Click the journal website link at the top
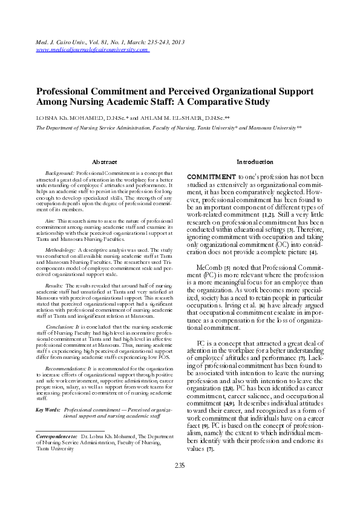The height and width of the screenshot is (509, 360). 93,50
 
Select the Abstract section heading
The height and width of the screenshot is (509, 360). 103,162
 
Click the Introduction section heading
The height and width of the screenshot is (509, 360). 255,162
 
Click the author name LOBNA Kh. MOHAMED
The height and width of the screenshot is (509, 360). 64,117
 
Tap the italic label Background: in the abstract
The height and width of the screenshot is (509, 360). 60,173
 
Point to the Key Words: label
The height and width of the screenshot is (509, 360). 48,410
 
